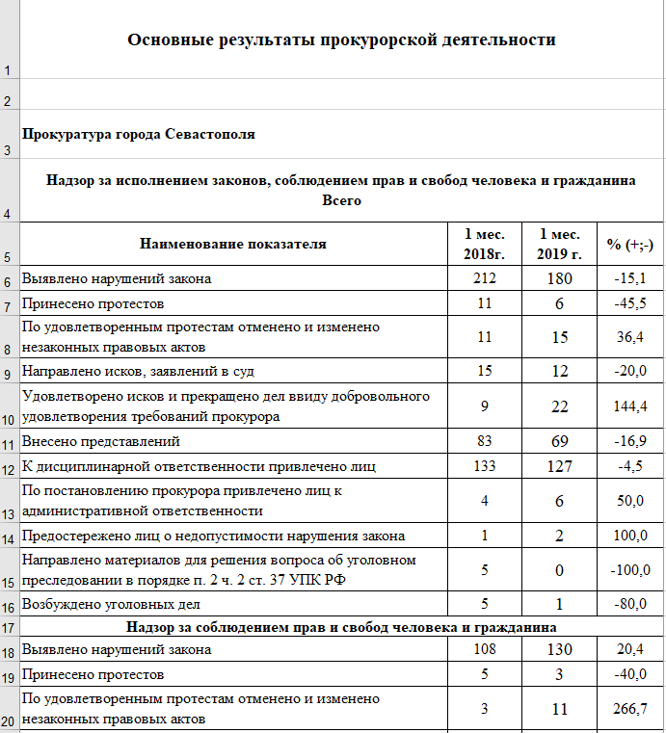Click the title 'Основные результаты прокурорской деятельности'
342,39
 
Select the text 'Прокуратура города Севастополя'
139,134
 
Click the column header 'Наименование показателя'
233,244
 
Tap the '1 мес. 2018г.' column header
484,244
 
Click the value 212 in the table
484,279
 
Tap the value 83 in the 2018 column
484,441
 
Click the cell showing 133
484,467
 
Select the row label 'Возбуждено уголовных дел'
111,605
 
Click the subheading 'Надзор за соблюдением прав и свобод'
342,627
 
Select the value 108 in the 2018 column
484,650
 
